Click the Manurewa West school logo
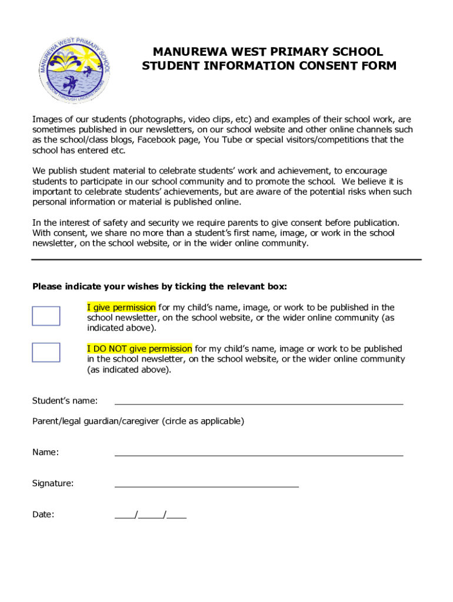[x=75, y=68]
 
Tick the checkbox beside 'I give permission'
[x=46, y=316]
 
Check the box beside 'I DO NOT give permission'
[x=46, y=352]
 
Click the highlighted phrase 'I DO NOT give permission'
[x=139, y=349]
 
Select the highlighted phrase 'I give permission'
[x=121, y=307]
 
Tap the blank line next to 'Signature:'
[x=206, y=486]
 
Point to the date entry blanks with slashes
[x=151, y=516]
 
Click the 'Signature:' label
[x=53, y=483]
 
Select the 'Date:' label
[x=44, y=514]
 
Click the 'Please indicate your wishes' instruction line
[x=160, y=287]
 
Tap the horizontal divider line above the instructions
[x=226, y=259]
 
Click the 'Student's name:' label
[x=65, y=401]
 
